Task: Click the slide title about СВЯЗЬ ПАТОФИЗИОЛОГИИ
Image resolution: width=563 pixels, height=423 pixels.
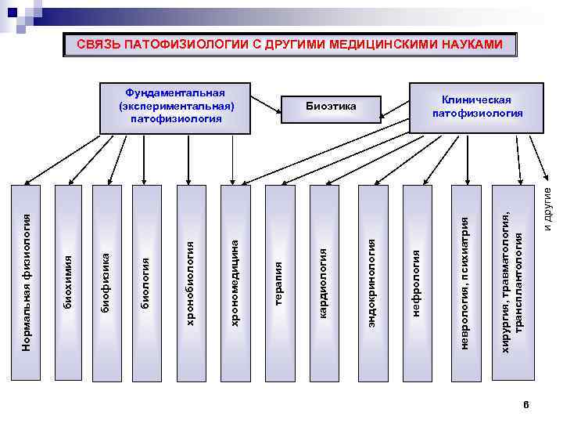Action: coord(290,45)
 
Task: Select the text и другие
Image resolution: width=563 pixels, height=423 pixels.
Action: coord(549,206)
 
